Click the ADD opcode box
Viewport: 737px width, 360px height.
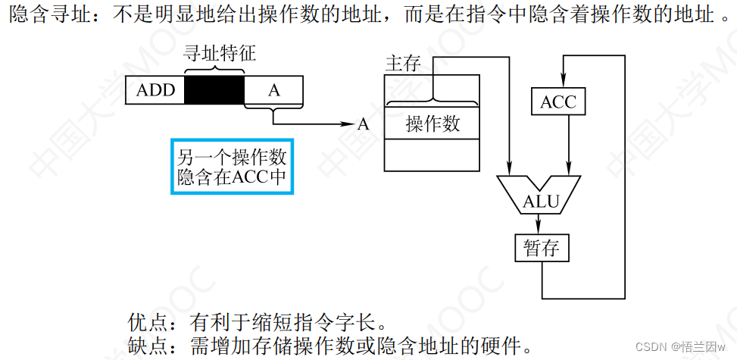(x=155, y=90)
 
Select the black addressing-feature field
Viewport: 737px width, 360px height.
(x=214, y=90)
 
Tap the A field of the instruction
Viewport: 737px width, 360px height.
(x=274, y=90)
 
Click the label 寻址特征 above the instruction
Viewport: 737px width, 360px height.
(x=220, y=53)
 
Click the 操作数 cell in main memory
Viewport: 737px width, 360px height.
(x=433, y=124)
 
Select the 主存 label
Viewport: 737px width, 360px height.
(x=403, y=64)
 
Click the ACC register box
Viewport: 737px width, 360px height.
(x=558, y=102)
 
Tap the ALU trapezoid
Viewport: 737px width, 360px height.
(x=539, y=196)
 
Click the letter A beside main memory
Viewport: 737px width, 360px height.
(x=364, y=124)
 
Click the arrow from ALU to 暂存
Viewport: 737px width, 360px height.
(x=539, y=224)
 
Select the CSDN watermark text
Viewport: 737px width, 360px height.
(x=679, y=346)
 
